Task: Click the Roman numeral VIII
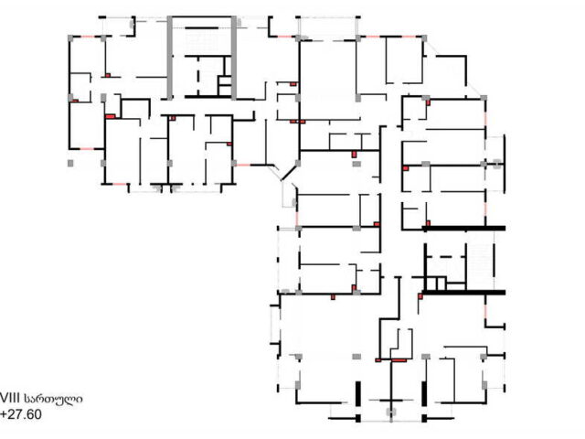pyautogui.click(x=10, y=399)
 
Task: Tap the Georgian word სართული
pyautogui.click(x=53, y=399)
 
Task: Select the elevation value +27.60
pyautogui.click(x=21, y=414)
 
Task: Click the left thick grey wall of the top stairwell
pyautogui.click(x=170, y=58)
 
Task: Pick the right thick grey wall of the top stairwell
pyautogui.click(x=234, y=58)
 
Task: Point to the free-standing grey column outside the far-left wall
pyautogui.click(x=70, y=163)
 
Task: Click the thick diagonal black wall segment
pyautogui.click(x=289, y=173)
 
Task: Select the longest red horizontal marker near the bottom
pyautogui.click(x=399, y=360)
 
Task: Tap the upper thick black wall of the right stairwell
pyautogui.click(x=463, y=228)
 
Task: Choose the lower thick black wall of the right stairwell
pyautogui.click(x=463, y=293)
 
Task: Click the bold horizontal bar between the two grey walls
pyautogui.click(x=202, y=28)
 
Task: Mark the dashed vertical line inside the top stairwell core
pyautogui.click(x=198, y=76)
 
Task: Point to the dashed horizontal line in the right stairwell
pyautogui.click(x=445, y=257)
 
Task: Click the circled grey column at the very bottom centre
pyautogui.click(x=391, y=412)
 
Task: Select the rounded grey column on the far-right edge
pyautogui.click(x=496, y=164)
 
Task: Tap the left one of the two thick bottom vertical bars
pyautogui.click(x=358, y=394)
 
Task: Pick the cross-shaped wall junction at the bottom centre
pyautogui.click(x=391, y=401)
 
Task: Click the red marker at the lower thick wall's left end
pyautogui.click(x=420, y=296)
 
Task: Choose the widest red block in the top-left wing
pyautogui.click(x=110, y=116)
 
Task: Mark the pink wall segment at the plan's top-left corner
pyautogui.click(x=87, y=37)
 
